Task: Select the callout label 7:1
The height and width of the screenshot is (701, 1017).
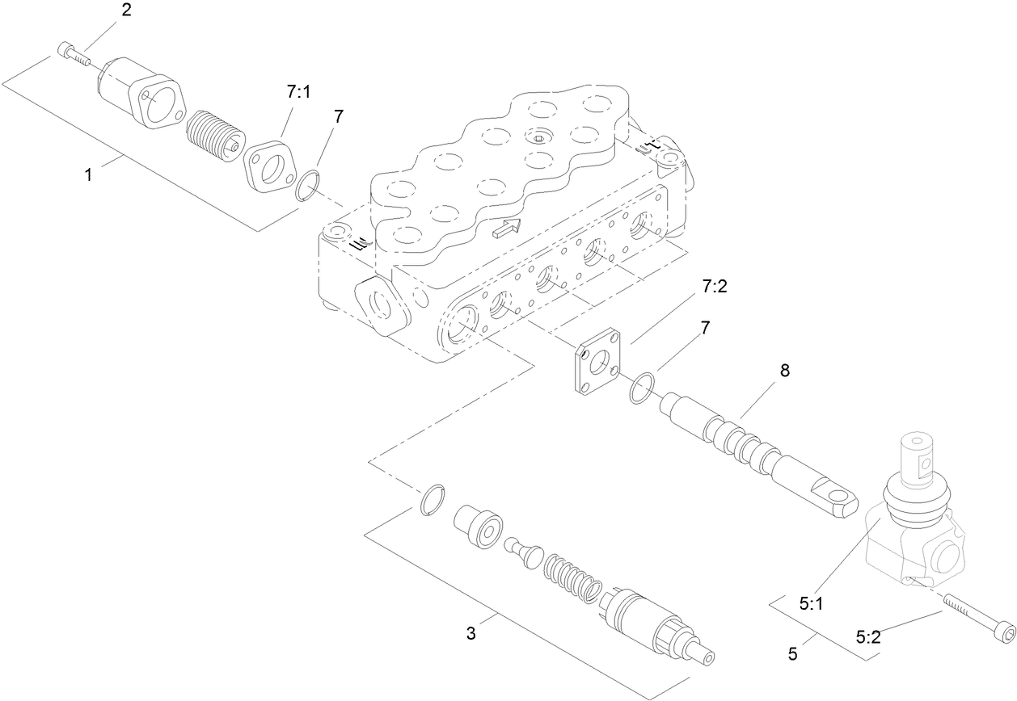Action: pyautogui.click(x=298, y=93)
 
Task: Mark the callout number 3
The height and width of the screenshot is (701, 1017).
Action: pyautogui.click(x=471, y=633)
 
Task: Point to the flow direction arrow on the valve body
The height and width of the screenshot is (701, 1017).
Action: pyautogui.click(x=505, y=230)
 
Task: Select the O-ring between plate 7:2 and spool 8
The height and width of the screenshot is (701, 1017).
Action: pyautogui.click(x=644, y=386)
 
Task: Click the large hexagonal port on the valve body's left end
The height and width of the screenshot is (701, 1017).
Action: pyautogui.click(x=377, y=304)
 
